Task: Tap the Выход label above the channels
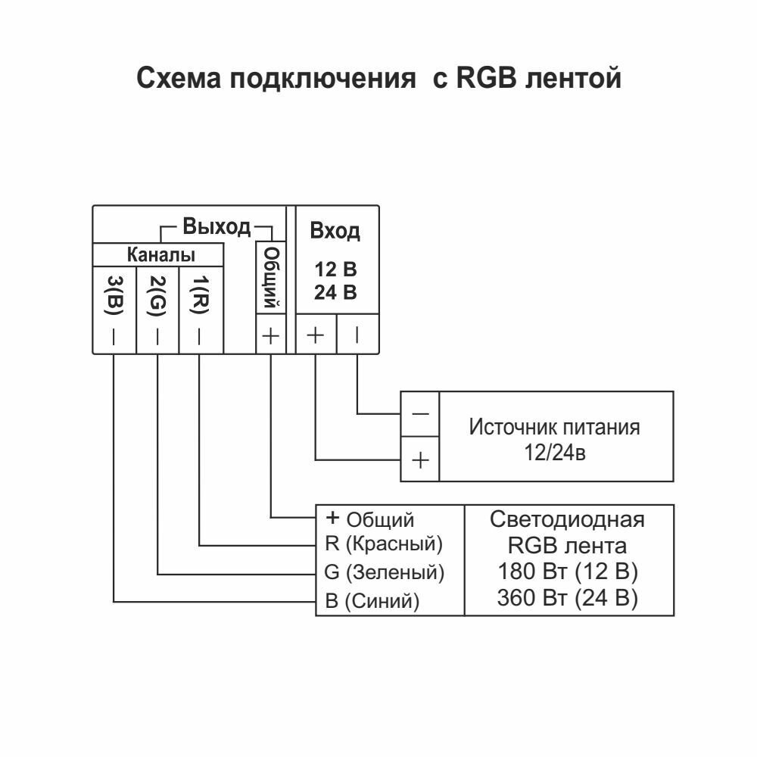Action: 216,226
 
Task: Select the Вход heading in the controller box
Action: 335,232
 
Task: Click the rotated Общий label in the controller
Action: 271,276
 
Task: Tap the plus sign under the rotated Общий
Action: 271,335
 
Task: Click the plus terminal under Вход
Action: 315,335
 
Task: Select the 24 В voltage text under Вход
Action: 335,293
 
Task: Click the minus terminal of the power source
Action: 420,413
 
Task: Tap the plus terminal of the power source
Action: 420,459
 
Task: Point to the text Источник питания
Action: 554,427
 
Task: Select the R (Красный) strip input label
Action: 383,544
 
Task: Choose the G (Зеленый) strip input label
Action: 384,572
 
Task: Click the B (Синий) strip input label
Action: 372,601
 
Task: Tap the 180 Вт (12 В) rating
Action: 567,570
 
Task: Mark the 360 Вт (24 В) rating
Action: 567,598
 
